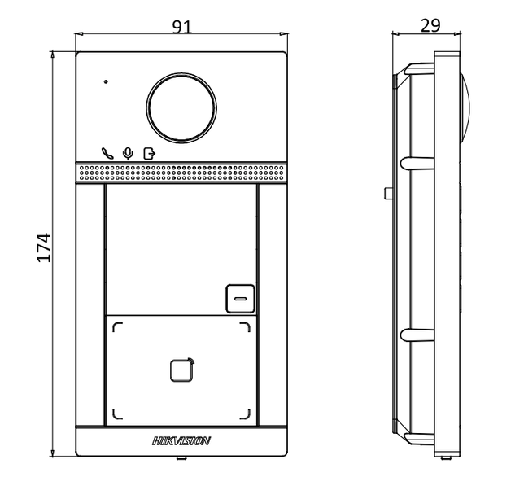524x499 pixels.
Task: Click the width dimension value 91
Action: [181, 25]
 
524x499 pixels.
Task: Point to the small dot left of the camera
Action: [106, 82]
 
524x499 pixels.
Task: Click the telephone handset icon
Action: [107, 152]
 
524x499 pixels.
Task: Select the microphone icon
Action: [127, 152]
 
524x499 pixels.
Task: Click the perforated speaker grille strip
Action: [181, 173]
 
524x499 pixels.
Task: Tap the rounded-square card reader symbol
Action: [181, 370]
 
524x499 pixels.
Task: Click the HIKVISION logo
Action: [181, 440]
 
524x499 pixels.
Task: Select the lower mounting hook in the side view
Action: [415, 334]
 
